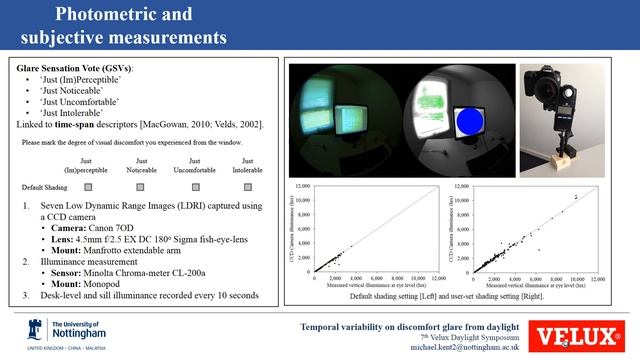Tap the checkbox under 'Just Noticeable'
click(141, 187)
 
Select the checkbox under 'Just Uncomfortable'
click(195, 187)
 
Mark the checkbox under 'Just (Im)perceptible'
click(88, 187)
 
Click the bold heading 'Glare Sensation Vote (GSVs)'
click(75, 68)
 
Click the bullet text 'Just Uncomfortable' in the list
click(80, 101)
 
